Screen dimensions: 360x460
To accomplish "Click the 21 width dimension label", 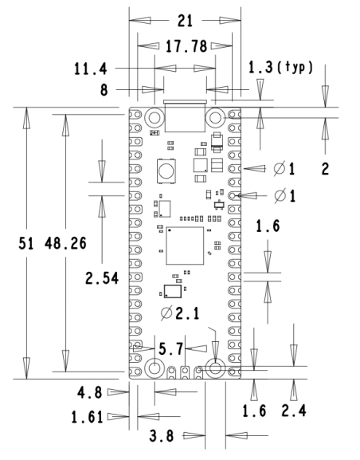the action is [x=186, y=21].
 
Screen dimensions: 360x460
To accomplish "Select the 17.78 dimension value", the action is [x=186, y=46].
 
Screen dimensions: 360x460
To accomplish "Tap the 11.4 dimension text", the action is [x=91, y=69].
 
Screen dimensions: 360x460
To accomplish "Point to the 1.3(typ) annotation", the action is [x=280, y=67].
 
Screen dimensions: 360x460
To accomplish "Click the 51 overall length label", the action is [x=26, y=243].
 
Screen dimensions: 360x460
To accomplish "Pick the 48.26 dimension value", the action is [x=65, y=243].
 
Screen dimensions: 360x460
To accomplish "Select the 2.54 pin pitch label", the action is [x=102, y=278].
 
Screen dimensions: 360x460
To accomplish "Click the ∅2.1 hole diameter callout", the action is [x=180, y=313].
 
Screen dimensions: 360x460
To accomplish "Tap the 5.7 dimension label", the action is [x=171, y=349].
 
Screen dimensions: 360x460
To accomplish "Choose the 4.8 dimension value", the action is [x=90, y=392].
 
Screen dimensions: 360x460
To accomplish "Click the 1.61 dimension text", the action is [x=88, y=417].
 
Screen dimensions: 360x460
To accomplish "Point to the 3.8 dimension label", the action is [x=162, y=435].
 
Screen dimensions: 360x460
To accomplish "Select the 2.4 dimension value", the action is [x=294, y=411].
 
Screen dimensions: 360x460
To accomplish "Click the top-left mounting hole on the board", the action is [x=155, y=118].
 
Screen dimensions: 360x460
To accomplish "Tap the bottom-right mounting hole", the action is [x=215, y=368].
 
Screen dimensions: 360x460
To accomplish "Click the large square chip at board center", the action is [x=185, y=246].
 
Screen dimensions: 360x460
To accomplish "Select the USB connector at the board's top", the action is [x=185, y=116].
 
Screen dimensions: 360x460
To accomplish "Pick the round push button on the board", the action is [x=166, y=171].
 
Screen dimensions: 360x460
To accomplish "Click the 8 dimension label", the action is [x=104, y=90].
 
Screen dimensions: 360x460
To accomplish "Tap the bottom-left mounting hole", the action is [x=155, y=368].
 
